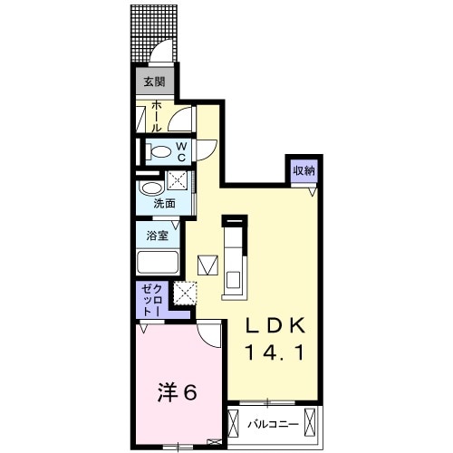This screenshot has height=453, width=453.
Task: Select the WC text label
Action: [181, 151]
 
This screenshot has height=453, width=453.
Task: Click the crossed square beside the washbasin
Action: [179, 178]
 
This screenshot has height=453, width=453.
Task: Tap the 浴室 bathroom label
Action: [157, 236]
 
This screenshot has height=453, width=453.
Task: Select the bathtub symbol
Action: [159, 263]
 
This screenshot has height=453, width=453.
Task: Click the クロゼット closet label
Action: [149, 300]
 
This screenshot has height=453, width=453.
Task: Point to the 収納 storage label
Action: [304, 169]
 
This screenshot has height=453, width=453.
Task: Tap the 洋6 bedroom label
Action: [178, 392]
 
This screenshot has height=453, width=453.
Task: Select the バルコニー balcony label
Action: [273, 423]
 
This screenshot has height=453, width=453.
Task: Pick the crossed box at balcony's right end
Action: [313, 423]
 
